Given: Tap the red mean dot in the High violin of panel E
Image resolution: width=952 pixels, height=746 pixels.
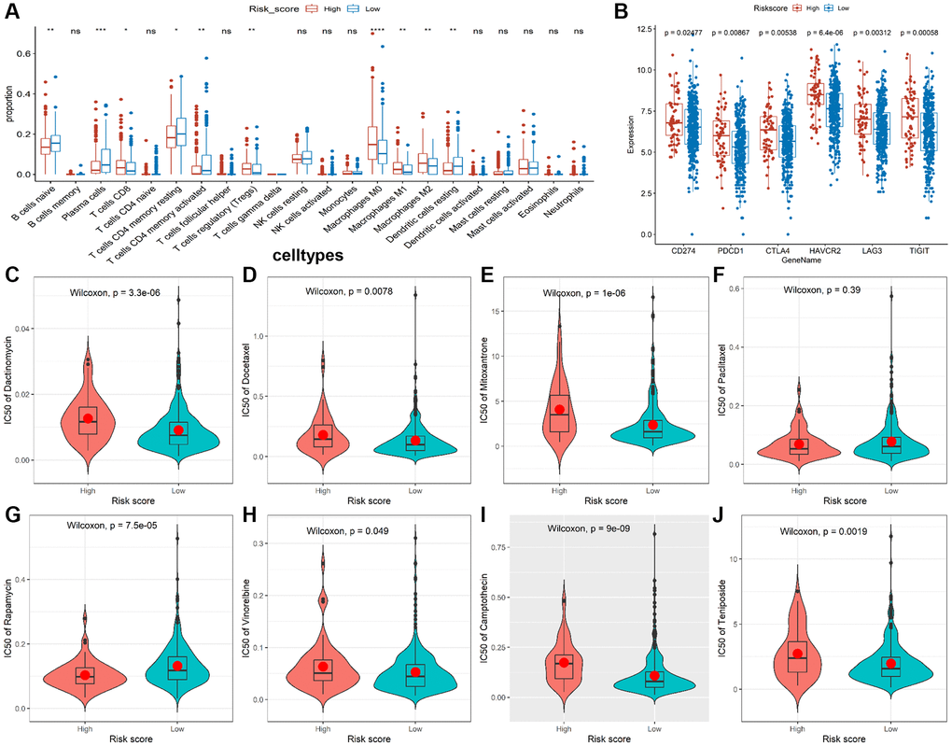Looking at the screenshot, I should [559, 410].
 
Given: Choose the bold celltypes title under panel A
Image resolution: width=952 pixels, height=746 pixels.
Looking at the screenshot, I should [308, 254].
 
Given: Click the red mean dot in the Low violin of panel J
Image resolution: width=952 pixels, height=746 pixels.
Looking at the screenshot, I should [890, 663].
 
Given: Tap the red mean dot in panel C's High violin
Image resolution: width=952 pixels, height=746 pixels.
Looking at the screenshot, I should [87, 418].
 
